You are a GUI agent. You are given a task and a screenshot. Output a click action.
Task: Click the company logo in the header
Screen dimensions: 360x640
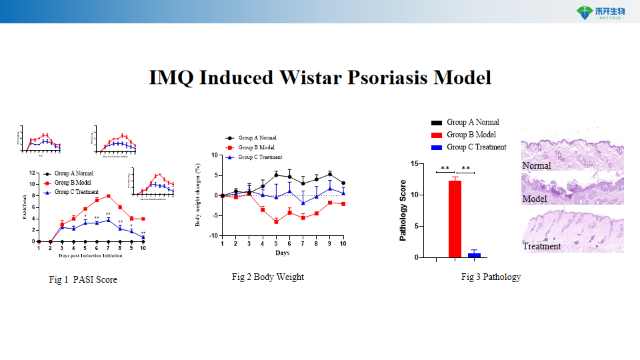599,12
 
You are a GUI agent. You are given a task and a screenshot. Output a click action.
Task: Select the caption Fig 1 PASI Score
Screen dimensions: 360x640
83,279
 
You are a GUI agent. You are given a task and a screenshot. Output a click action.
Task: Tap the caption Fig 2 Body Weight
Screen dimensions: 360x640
267,277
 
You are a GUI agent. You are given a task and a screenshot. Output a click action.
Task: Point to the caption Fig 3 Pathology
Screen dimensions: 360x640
491,277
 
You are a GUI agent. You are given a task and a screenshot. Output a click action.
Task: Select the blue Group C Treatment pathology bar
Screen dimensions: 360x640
474,255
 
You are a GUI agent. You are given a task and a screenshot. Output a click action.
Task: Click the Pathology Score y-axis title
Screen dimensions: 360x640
403,211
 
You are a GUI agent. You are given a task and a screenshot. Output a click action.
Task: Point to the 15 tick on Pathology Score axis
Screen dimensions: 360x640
415,164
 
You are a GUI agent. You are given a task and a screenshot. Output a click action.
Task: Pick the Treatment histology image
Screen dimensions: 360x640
572,233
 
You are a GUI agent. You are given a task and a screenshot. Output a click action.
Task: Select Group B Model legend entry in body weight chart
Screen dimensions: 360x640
255,147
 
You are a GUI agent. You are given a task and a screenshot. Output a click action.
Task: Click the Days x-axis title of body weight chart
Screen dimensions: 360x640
282,253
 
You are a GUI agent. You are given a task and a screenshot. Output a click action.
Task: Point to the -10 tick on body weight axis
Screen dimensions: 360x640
214,235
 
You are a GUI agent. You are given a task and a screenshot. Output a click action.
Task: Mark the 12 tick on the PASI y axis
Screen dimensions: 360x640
32,173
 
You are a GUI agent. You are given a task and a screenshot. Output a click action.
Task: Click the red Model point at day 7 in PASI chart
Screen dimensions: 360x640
108,196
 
